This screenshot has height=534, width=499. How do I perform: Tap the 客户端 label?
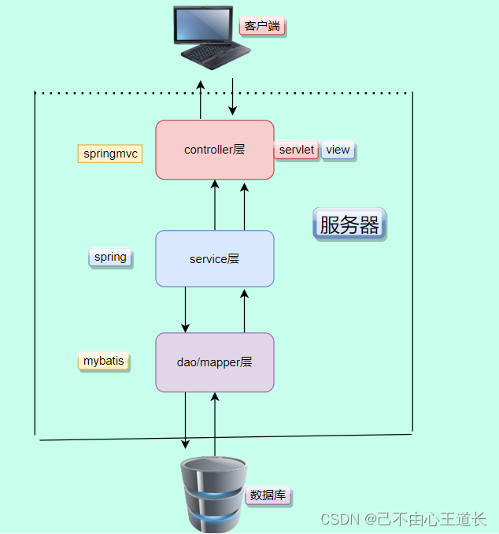click(262, 27)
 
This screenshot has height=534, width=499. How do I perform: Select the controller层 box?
click(215, 150)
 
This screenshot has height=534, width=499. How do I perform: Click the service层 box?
click(215, 258)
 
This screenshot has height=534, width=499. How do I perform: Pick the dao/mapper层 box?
click(215, 362)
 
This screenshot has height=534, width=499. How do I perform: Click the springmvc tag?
click(110, 154)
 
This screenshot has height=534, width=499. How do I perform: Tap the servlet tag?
click(297, 150)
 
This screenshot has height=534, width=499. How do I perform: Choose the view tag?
click(338, 150)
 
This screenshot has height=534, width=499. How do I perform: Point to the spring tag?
click(110, 258)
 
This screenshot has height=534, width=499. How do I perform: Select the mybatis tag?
click(104, 362)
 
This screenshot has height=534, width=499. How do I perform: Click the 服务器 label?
click(349, 224)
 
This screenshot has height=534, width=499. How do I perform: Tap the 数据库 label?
click(268, 495)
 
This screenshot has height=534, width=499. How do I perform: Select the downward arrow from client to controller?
click(232, 97)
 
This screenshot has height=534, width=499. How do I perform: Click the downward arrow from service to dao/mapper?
click(186, 310)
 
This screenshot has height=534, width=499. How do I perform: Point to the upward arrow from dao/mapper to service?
click(244, 310)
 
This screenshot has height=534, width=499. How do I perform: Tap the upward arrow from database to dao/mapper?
click(214, 425)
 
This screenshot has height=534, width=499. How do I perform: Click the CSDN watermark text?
click(404, 519)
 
